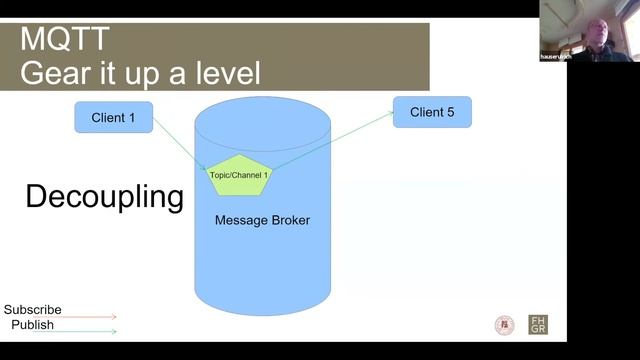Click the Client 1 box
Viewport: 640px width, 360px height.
coord(113,118)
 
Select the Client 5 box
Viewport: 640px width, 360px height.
coord(432,112)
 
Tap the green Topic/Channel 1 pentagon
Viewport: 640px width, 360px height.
coord(239,175)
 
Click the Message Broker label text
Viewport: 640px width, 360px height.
coord(262,220)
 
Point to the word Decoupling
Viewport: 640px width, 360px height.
coord(104,197)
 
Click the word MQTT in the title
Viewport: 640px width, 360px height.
coord(65,40)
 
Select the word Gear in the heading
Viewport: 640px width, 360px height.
coord(55,73)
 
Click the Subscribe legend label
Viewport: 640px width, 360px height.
coord(32,310)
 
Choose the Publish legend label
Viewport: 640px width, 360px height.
coord(33,325)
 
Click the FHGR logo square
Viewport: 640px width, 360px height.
coord(538,325)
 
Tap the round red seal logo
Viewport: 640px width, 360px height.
coord(505,325)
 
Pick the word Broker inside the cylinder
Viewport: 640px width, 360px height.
coord(288,220)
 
